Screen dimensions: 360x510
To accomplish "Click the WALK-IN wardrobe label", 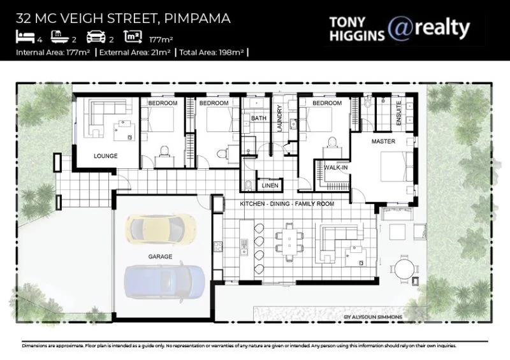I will click(x=336, y=167).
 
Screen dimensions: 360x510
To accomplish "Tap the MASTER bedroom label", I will click(x=383, y=141).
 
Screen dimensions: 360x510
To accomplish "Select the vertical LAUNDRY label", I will click(x=279, y=118).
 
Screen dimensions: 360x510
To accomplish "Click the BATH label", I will click(x=258, y=119).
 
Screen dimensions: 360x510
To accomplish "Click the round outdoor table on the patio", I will click(x=404, y=268).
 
